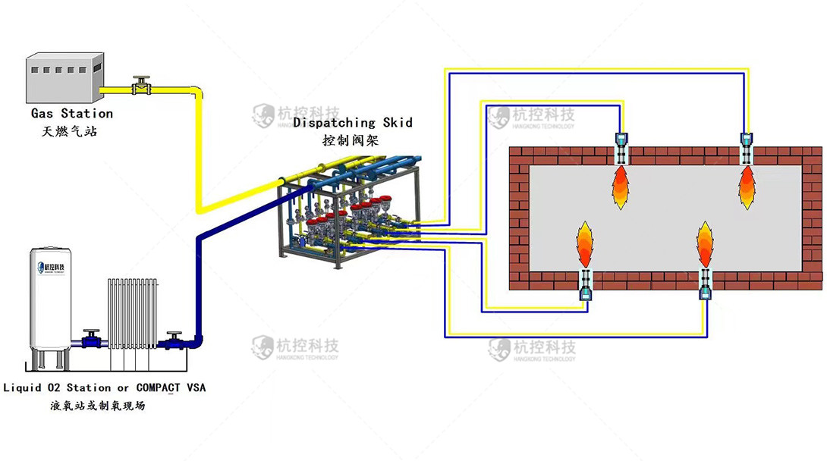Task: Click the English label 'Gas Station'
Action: (72, 114)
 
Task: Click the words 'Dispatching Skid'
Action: (353, 122)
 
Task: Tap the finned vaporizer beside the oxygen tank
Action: (132, 312)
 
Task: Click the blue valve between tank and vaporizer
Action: (92, 339)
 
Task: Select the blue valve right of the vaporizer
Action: (175, 340)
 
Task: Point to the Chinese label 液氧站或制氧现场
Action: (98, 406)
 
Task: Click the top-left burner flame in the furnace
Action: (621, 188)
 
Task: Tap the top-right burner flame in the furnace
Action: (747, 188)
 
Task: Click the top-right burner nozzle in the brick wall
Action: (747, 148)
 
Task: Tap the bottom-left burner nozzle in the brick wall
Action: (586, 284)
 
